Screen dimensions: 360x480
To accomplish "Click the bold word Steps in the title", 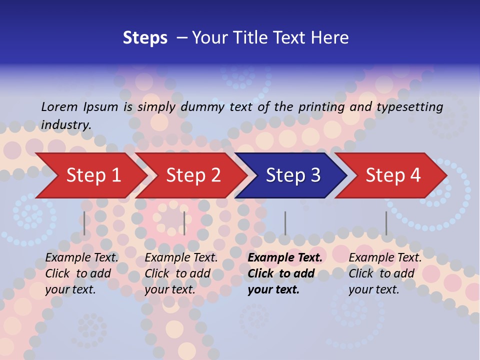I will [145, 38].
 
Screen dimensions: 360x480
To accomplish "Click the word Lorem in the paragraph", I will [59, 106].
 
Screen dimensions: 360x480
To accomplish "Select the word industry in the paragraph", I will [65, 124].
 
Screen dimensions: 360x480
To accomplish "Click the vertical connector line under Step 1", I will [84, 223].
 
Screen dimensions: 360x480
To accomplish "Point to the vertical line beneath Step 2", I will [184, 223].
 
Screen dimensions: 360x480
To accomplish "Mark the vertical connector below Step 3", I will [285, 223].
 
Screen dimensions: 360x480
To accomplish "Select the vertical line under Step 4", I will [386, 223].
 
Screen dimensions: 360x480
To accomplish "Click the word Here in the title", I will [329, 38].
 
